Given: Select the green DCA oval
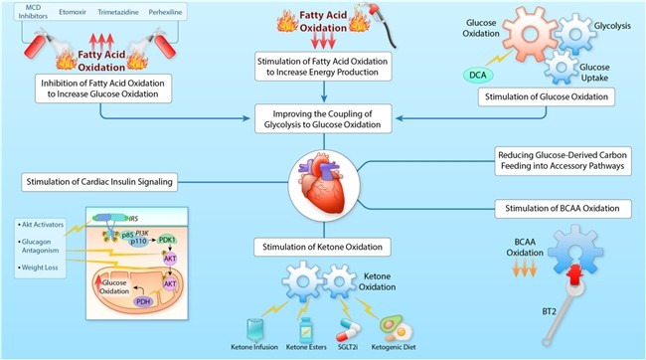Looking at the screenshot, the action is click(x=478, y=75).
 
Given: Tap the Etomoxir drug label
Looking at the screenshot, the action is click(x=73, y=12).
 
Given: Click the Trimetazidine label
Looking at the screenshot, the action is click(x=117, y=12).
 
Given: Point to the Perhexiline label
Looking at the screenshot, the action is click(x=165, y=12).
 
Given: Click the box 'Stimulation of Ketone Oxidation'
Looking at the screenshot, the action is click(x=323, y=247).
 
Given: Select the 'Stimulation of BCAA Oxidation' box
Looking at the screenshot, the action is click(x=563, y=208).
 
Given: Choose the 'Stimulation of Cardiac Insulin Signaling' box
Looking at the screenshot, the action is click(x=99, y=182).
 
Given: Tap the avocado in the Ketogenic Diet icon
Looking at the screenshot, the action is click(x=390, y=324).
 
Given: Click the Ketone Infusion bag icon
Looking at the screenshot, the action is click(x=254, y=330).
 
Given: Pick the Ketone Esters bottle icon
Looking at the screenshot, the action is click(x=306, y=330).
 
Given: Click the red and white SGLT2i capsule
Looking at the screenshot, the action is click(x=348, y=331).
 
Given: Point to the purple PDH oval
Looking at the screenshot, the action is click(x=143, y=302).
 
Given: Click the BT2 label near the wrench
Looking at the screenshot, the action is click(x=549, y=311).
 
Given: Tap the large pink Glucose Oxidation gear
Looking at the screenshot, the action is click(x=531, y=34).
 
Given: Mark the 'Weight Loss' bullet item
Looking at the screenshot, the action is click(x=40, y=268).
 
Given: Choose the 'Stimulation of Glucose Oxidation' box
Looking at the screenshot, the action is click(x=547, y=96).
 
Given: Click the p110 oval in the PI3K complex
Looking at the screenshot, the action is click(x=138, y=242).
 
